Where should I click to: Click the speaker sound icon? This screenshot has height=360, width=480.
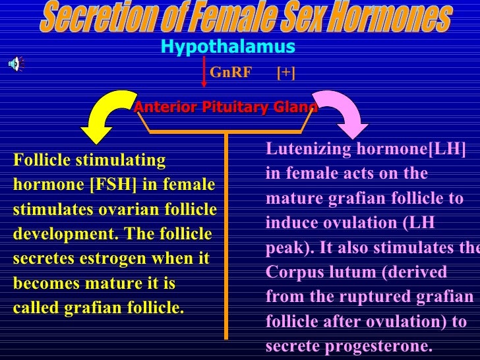14,63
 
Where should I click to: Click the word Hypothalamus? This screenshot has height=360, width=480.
227,47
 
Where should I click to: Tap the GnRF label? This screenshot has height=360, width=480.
231,73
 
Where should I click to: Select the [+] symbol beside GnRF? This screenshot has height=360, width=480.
285,73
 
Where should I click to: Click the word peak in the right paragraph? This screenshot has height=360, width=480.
282,248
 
